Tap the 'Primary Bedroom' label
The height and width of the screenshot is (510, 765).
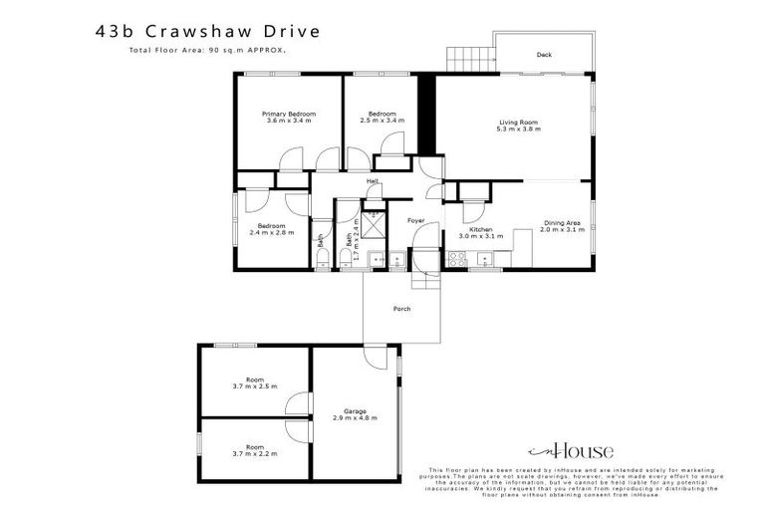coord(289,115)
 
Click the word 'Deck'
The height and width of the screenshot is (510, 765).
coord(544,55)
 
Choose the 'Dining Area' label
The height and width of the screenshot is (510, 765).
coord(562,223)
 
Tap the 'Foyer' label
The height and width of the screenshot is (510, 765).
coord(416,219)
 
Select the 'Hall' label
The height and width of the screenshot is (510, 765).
coord(373,181)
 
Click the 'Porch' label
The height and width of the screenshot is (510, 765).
coord(401,309)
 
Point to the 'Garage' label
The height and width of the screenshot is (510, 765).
coord(355,410)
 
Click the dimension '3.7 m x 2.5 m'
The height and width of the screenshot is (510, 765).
coord(255,385)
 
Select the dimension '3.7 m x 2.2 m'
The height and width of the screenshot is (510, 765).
coord(255,453)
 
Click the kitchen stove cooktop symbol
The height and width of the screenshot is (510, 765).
coord(457,260)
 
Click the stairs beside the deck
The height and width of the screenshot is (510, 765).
coord(465,58)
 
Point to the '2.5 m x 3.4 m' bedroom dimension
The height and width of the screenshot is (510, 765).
coord(382,121)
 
